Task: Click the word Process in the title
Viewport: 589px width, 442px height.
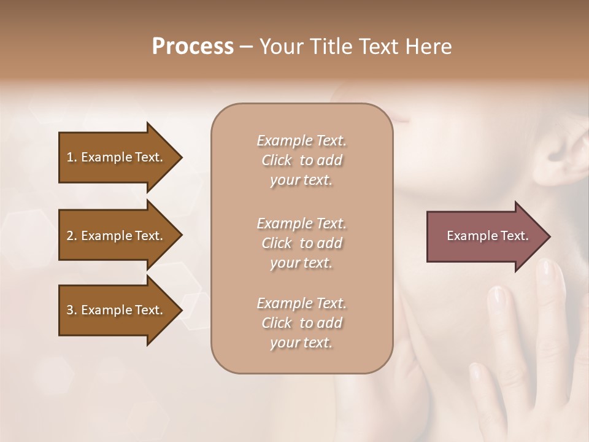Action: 193,47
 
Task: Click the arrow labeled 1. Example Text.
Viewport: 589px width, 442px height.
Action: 117,157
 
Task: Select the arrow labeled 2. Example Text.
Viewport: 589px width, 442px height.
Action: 117,236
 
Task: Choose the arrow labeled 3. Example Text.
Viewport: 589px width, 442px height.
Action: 117,310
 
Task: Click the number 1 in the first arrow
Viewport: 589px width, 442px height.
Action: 70,157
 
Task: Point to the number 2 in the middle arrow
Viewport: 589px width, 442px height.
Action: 70,236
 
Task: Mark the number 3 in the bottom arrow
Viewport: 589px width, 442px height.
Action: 70,310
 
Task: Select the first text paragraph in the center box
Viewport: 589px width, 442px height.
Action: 301,160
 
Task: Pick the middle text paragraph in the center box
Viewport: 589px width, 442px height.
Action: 301,242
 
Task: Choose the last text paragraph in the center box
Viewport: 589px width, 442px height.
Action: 301,323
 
